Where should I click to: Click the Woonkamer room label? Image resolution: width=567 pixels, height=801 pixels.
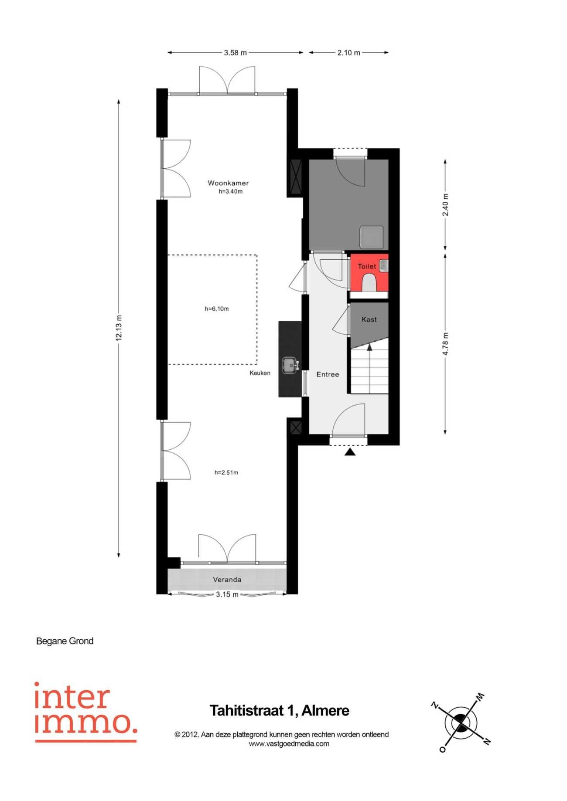pyautogui.click(x=228, y=183)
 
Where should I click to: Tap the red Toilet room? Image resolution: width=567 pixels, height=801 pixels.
pyautogui.click(x=369, y=272)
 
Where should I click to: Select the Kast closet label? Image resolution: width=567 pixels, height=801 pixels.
pyautogui.click(x=369, y=319)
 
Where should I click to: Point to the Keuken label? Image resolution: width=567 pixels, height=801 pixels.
pyautogui.click(x=260, y=373)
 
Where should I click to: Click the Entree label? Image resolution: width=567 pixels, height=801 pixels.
pyautogui.click(x=328, y=374)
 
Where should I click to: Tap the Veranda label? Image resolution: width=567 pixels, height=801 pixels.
pyautogui.click(x=227, y=580)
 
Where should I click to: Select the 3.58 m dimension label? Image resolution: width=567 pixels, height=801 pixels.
pyautogui.click(x=236, y=53)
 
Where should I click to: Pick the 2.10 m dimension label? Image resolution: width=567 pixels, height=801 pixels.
pyautogui.click(x=349, y=53)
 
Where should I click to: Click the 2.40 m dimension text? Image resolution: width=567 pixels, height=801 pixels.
pyautogui.click(x=445, y=205)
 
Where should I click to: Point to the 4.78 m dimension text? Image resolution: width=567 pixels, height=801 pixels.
pyautogui.click(x=445, y=344)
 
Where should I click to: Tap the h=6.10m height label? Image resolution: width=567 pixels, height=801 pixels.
pyautogui.click(x=217, y=309)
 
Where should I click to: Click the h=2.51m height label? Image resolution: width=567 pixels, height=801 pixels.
pyautogui.click(x=226, y=472)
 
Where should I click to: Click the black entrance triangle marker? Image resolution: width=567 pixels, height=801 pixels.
pyautogui.click(x=350, y=452)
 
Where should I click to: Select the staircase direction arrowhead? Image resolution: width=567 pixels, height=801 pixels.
pyautogui.click(x=369, y=347)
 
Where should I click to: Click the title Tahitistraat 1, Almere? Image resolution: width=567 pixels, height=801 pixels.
pyautogui.click(x=280, y=711)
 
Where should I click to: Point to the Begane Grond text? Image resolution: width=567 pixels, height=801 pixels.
pyautogui.click(x=65, y=641)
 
